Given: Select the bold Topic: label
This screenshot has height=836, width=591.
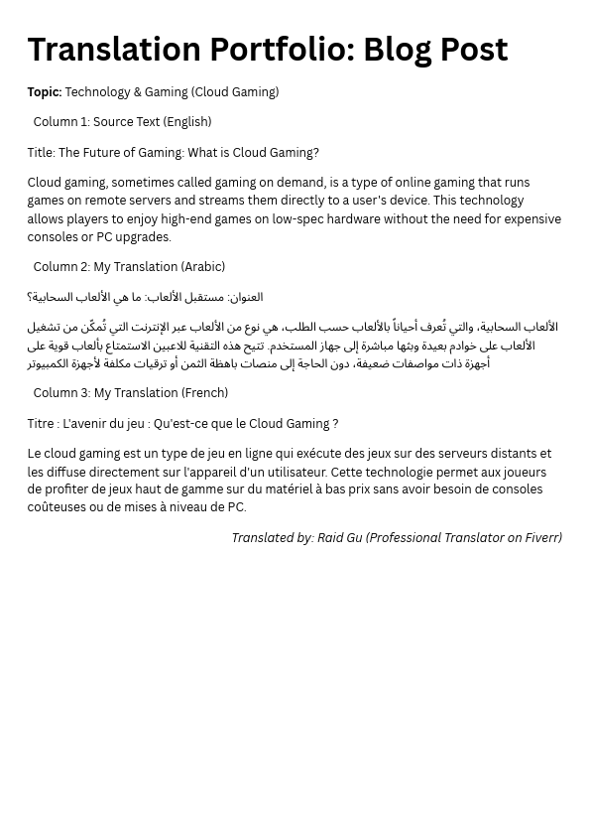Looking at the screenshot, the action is [45, 92].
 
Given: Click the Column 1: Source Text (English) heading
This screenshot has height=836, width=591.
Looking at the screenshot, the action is [122, 122].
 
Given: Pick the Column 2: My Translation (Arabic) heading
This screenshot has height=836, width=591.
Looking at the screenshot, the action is [129, 267].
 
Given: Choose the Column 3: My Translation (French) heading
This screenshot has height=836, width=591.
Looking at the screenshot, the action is [130, 393].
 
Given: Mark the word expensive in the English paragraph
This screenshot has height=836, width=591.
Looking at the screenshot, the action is [532, 219].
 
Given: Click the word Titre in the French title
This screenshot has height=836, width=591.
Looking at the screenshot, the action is [41, 424].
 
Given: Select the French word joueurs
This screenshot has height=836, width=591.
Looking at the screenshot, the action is [523, 473].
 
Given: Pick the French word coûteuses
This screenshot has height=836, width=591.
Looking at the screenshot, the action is [58, 507].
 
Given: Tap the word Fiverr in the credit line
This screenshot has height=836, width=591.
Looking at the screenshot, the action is [542, 538].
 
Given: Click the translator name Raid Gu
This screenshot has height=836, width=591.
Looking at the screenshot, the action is [339, 538].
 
